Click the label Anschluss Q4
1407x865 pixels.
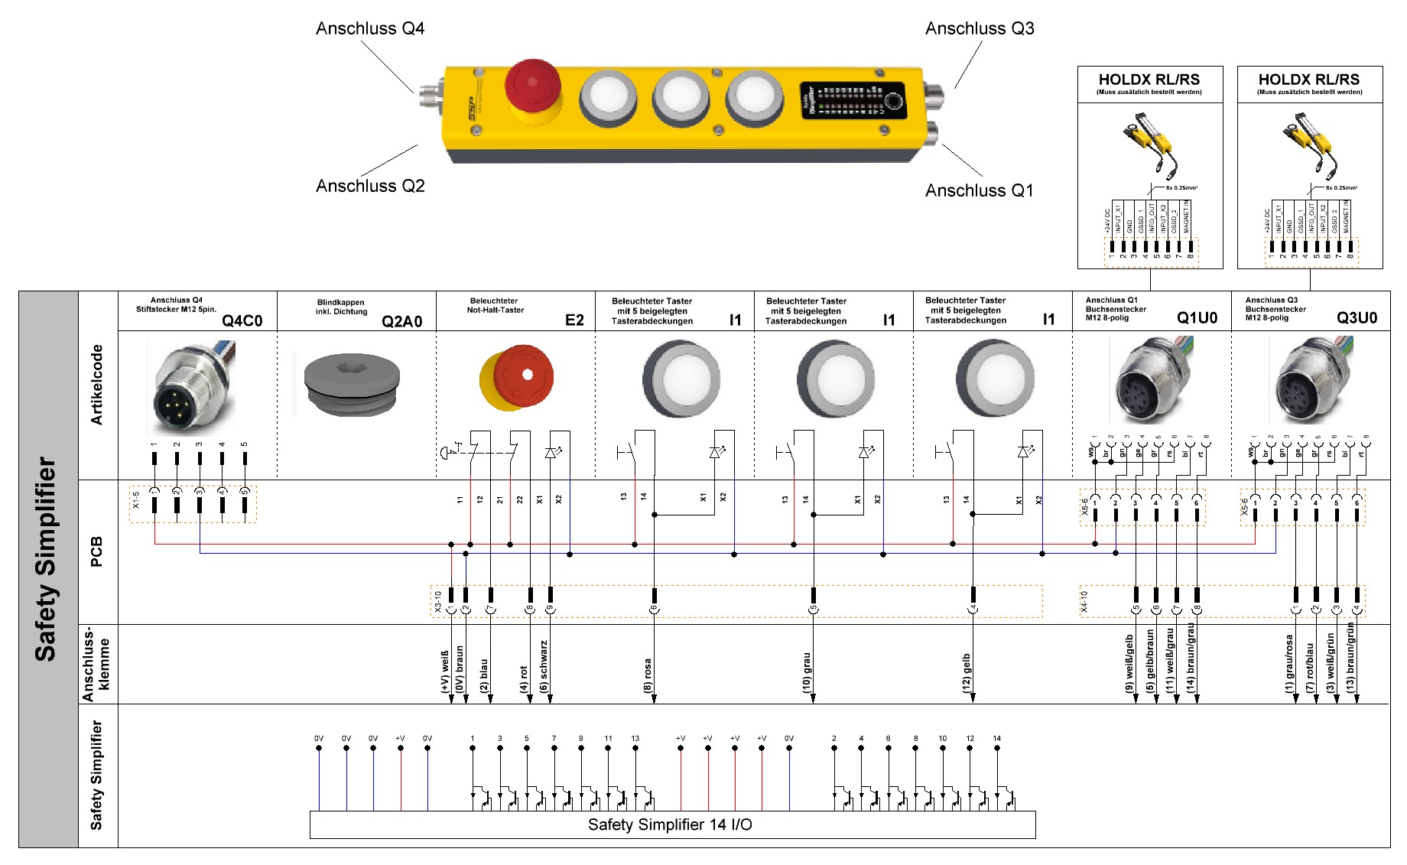click(x=370, y=29)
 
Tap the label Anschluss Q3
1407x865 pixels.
click(x=979, y=29)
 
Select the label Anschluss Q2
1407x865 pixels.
click(x=370, y=186)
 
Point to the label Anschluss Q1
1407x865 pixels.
click(x=979, y=190)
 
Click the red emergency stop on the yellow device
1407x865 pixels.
click(x=533, y=86)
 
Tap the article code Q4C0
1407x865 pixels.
click(x=242, y=320)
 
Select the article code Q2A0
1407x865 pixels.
click(x=401, y=321)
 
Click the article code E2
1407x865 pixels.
click(x=574, y=320)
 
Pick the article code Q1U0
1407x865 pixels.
click(x=1197, y=318)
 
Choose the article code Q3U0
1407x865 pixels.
click(x=1357, y=318)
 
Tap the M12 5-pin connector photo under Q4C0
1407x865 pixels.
click(x=192, y=386)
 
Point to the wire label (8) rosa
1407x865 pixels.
click(x=648, y=675)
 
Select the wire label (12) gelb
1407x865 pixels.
click(x=967, y=673)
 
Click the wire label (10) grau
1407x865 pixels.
click(x=807, y=673)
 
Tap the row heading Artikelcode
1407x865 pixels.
click(x=97, y=385)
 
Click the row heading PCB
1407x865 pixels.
click(x=97, y=551)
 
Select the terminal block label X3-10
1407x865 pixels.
click(x=438, y=602)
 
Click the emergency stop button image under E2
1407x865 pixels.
click(x=517, y=378)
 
